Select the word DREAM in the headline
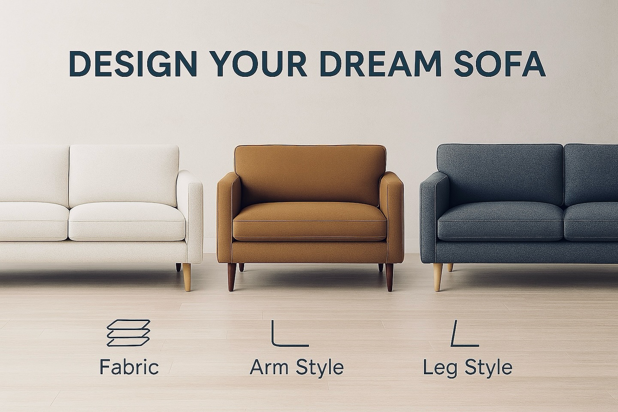coord(381,64)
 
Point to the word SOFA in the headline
coord(500,64)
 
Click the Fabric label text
coord(129,367)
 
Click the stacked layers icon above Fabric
coord(129,333)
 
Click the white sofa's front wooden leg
coord(187,277)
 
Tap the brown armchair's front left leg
coord(232,277)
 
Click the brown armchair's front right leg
coord(389,277)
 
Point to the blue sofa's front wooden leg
coord(438,277)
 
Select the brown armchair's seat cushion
coord(309,221)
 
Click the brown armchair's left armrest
coord(229,217)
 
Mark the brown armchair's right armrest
coord(391,217)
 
